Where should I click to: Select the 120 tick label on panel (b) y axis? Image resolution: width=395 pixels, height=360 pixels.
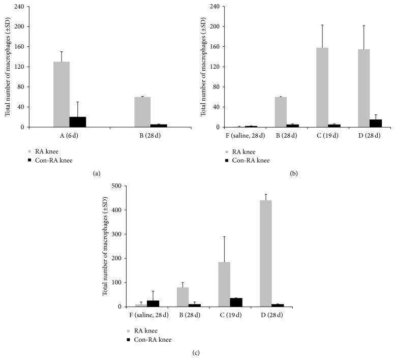214,67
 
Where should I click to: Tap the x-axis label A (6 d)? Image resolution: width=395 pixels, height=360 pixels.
70,136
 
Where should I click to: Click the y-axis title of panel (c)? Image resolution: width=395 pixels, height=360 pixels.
105,246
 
